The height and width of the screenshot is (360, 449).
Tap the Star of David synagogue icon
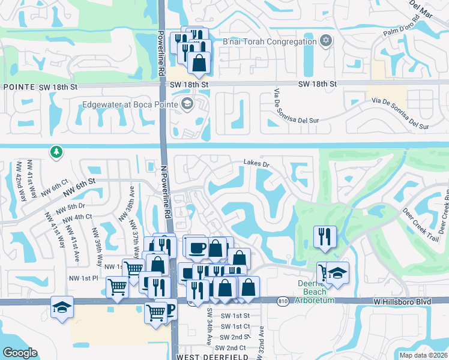click(325, 41)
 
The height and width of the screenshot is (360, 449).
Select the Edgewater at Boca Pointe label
click(131, 104)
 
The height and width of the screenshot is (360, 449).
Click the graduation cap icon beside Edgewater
click(187, 104)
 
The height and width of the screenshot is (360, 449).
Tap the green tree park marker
click(56, 152)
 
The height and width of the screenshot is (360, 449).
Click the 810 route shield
click(283, 301)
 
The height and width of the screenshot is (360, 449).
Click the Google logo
click(20, 352)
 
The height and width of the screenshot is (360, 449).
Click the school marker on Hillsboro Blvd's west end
click(62, 308)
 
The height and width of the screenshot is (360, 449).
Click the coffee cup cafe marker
click(197, 247)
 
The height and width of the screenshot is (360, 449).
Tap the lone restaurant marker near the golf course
click(325, 236)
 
